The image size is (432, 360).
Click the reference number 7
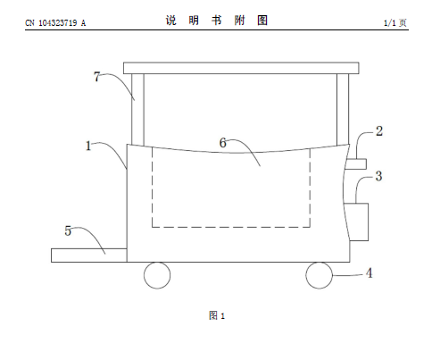point(96,77)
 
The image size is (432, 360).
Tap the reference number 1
point(88,146)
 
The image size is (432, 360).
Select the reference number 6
point(223,143)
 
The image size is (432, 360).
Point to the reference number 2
point(379,131)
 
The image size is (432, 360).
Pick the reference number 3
point(378,176)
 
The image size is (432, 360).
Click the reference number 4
point(369,273)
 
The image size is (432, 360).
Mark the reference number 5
point(68,230)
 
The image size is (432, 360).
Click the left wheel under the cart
point(157,275)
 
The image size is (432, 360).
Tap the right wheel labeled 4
point(319,275)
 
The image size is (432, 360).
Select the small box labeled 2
point(355,164)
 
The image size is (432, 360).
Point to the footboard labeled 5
point(89,255)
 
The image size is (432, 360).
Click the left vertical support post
point(137,110)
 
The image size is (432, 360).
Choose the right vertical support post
point(343,109)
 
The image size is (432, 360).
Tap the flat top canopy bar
point(241,68)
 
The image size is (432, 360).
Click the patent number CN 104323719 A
point(55,23)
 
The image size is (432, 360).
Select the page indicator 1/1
point(390,22)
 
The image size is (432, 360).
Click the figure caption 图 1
point(217,315)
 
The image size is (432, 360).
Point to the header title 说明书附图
point(217,21)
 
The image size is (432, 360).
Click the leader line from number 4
point(349,275)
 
